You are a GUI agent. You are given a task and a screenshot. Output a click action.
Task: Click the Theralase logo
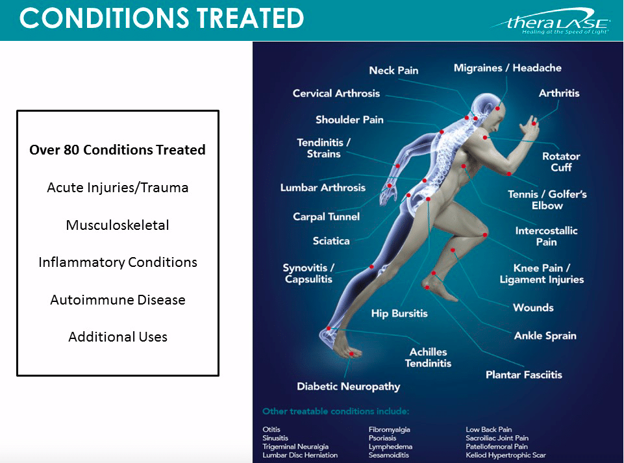click(551, 21)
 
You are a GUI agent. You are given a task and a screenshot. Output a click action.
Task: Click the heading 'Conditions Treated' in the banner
click(162, 18)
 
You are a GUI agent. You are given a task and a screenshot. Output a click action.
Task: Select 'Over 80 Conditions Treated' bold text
click(118, 150)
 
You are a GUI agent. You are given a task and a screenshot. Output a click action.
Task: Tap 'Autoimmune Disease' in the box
click(118, 300)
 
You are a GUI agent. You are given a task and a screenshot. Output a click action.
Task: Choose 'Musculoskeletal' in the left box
click(118, 225)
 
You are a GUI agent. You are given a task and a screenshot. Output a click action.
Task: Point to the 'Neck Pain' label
click(393, 71)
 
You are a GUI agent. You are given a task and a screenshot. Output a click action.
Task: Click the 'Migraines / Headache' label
click(507, 68)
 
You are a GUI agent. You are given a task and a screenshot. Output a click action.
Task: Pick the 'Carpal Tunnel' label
click(327, 217)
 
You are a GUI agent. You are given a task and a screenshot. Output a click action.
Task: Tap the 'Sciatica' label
click(331, 241)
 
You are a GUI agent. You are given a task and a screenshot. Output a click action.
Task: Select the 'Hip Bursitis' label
click(399, 314)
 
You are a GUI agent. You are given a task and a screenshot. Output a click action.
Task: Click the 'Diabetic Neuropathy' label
click(348, 386)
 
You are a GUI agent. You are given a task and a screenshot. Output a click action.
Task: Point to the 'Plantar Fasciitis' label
click(524, 375)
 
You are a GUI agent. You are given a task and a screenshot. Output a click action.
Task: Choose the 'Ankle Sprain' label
click(545, 336)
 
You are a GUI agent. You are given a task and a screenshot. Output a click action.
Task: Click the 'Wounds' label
click(533, 308)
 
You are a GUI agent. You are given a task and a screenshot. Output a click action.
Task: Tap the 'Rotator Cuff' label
click(561, 162)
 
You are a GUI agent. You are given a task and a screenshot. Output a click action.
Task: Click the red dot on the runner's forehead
click(497, 108)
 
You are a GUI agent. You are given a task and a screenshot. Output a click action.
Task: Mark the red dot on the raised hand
click(534, 124)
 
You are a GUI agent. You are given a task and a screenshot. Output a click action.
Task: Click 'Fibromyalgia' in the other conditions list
click(389, 430)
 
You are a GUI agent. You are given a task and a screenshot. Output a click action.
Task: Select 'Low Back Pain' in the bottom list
click(489, 430)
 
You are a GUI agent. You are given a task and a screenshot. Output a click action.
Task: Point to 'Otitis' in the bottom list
click(271, 430)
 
